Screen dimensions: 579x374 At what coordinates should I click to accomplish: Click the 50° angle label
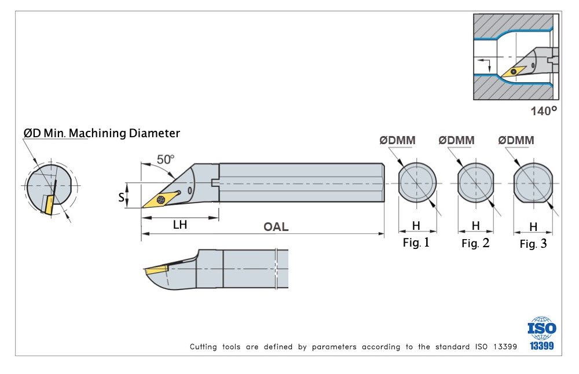(x=166, y=159)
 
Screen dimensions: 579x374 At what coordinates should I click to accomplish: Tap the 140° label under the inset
(x=544, y=111)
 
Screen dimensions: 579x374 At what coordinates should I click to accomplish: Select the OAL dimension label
(x=276, y=227)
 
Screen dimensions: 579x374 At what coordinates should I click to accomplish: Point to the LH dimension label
(x=180, y=225)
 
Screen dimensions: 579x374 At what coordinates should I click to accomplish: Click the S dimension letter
(x=121, y=197)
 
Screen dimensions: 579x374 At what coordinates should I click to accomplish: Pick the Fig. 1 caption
(x=416, y=243)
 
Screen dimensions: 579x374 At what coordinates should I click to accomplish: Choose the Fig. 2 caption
(x=475, y=243)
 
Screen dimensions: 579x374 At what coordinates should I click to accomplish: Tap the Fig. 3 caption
(x=533, y=244)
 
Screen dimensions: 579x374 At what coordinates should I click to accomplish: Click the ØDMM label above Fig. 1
(x=397, y=140)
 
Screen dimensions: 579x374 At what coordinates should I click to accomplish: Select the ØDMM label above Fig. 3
(x=516, y=140)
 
